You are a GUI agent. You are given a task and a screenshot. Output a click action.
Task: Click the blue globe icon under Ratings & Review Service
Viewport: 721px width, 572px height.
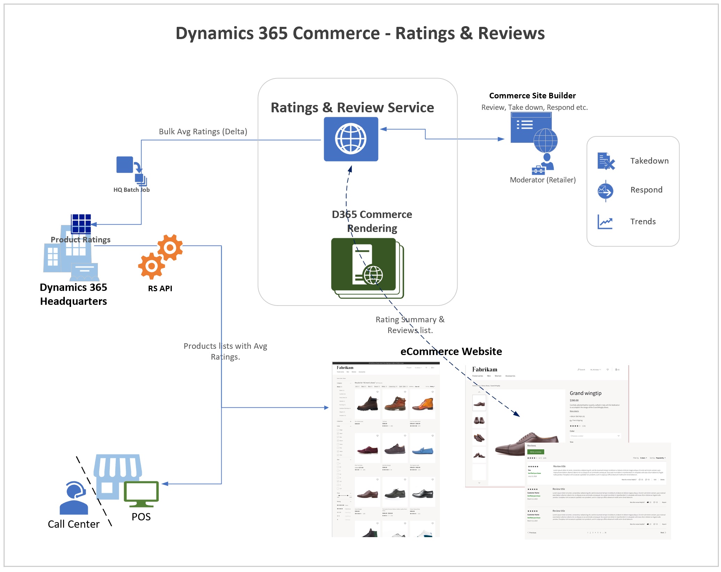(351, 139)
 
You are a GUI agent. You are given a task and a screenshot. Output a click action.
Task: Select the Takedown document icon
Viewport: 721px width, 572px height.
(606, 161)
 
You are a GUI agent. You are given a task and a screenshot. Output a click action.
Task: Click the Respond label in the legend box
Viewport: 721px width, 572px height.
(646, 190)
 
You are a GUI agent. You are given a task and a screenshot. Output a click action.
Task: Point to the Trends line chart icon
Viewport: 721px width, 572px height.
(605, 222)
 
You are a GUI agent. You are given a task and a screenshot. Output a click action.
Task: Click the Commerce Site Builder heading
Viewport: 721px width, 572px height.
(532, 96)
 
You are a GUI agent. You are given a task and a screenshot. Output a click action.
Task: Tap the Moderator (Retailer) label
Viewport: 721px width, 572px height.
(542, 180)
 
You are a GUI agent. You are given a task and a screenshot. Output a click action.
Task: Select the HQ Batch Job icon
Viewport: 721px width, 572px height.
(131, 171)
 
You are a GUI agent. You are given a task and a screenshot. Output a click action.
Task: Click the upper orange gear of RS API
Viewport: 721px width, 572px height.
(170, 247)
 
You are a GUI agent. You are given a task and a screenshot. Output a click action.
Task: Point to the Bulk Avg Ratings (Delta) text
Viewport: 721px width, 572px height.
(203, 131)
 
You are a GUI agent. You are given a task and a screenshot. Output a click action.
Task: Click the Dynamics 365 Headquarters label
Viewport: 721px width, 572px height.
(73, 294)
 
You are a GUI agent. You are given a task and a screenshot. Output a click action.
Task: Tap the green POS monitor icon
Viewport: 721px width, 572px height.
(141, 494)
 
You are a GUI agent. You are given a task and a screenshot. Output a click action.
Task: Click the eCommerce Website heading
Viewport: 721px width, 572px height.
(451, 351)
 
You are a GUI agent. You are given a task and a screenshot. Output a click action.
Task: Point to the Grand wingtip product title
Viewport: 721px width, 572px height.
(585, 393)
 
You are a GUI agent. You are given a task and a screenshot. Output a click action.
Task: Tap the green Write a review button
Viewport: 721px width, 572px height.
(535, 452)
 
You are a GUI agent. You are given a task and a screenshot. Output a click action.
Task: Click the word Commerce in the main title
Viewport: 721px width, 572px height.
(336, 33)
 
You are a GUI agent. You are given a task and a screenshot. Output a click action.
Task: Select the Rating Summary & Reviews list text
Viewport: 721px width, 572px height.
(410, 325)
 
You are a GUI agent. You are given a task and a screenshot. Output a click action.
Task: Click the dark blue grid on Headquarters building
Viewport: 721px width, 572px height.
(81, 223)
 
